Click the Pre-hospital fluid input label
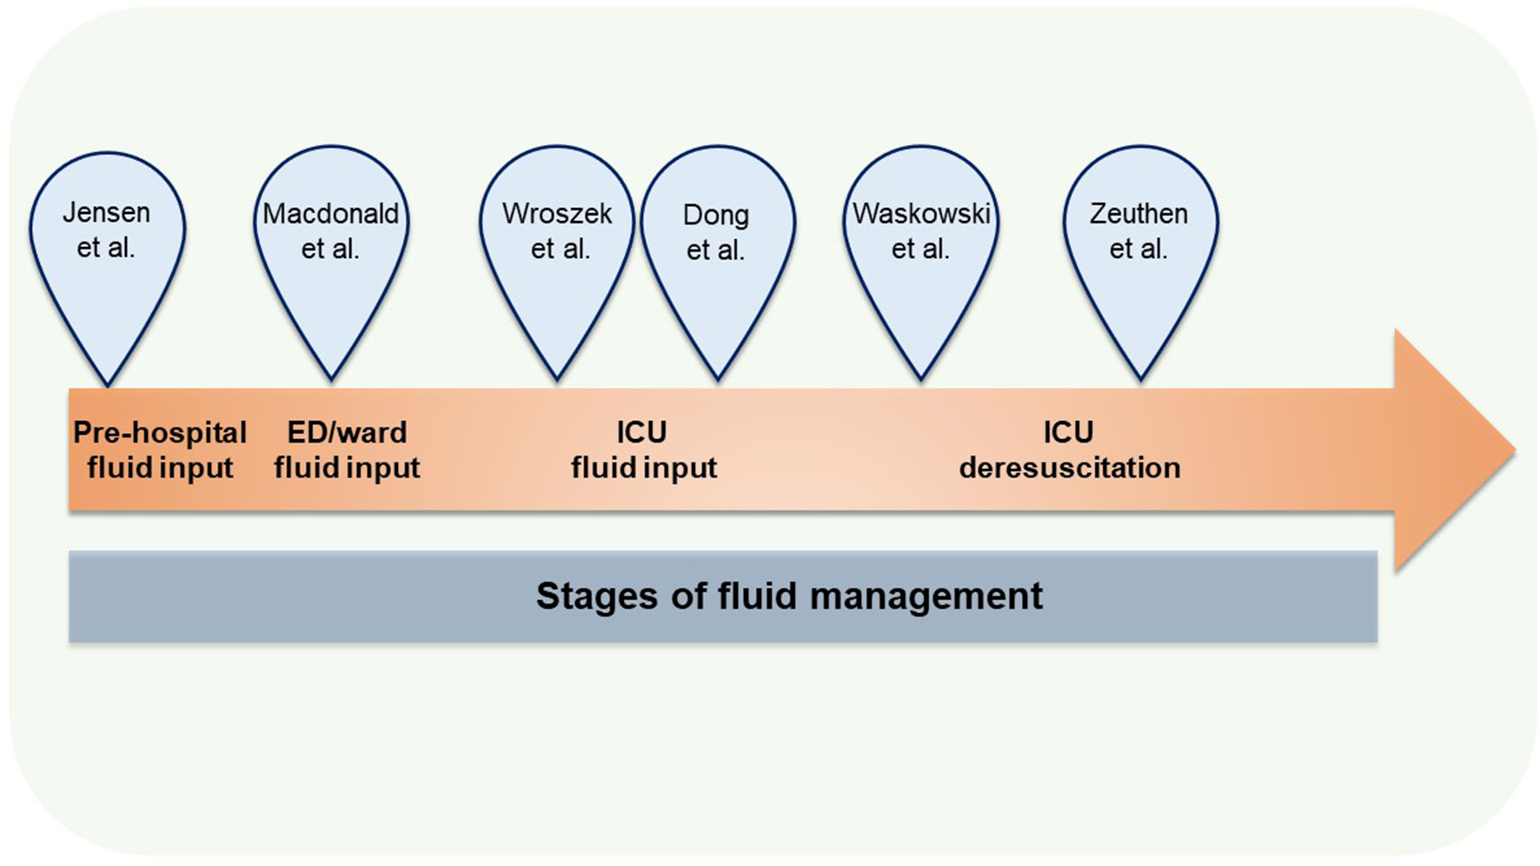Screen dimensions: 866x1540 click(x=160, y=450)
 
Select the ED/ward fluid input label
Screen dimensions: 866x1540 click(x=347, y=450)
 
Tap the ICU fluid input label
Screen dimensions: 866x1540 click(x=643, y=450)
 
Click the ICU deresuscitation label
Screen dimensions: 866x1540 click(x=1069, y=450)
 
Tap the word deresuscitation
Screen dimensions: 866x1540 click(x=1069, y=468)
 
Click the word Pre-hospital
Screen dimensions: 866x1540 click(x=160, y=433)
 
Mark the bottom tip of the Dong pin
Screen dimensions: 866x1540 click(x=718, y=378)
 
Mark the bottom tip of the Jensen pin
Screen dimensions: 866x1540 click(x=108, y=383)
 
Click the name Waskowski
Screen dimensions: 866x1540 click(x=920, y=214)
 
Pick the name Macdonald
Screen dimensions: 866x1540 click(x=331, y=214)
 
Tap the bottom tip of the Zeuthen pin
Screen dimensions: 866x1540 click(x=1140, y=378)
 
